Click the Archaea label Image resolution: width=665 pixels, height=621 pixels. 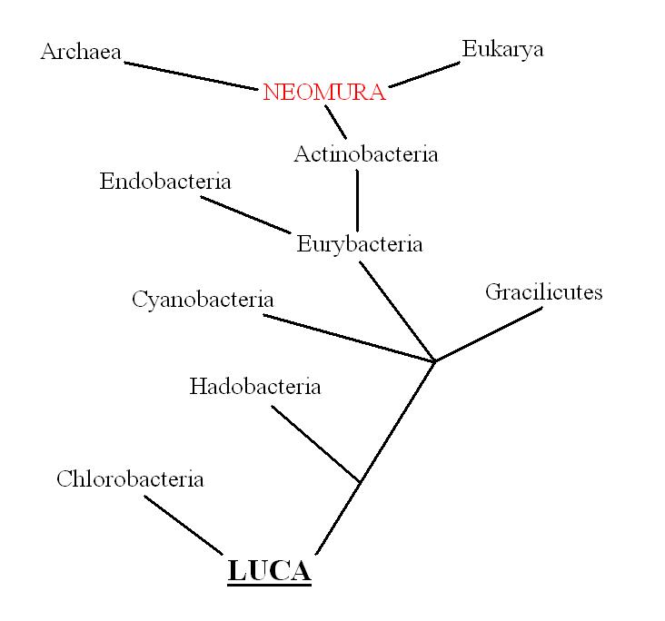click(x=81, y=52)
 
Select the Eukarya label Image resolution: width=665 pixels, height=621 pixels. click(x=502, y=49)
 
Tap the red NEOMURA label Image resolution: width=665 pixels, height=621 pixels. click(x=324, y=93)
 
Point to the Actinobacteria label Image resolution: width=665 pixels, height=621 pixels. click(x=365, y=154)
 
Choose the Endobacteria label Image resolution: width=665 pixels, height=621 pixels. click(x=165, y=182)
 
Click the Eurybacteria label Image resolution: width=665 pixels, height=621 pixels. click(x=360, y=244)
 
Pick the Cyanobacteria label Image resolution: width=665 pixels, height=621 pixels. click(x=203, y=299)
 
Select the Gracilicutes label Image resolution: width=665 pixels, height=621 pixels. click(x=543, y=292)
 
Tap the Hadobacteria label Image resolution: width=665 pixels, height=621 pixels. click(x=255, y=387)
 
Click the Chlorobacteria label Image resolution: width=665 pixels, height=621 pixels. click(x=130, y=479)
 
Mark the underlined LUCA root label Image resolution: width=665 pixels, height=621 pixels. click(x=269, y=571)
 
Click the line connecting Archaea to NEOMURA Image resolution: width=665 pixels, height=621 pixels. click(x=192, y=76)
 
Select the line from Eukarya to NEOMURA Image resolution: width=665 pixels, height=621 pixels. click(x=425, y=74)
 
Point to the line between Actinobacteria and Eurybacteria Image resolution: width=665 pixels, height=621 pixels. click(x=357, y=200)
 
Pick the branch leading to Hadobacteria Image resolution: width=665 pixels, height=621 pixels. click(x=316, y=444)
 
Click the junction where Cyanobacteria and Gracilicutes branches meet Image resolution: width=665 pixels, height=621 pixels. click(x=435, y=361)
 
